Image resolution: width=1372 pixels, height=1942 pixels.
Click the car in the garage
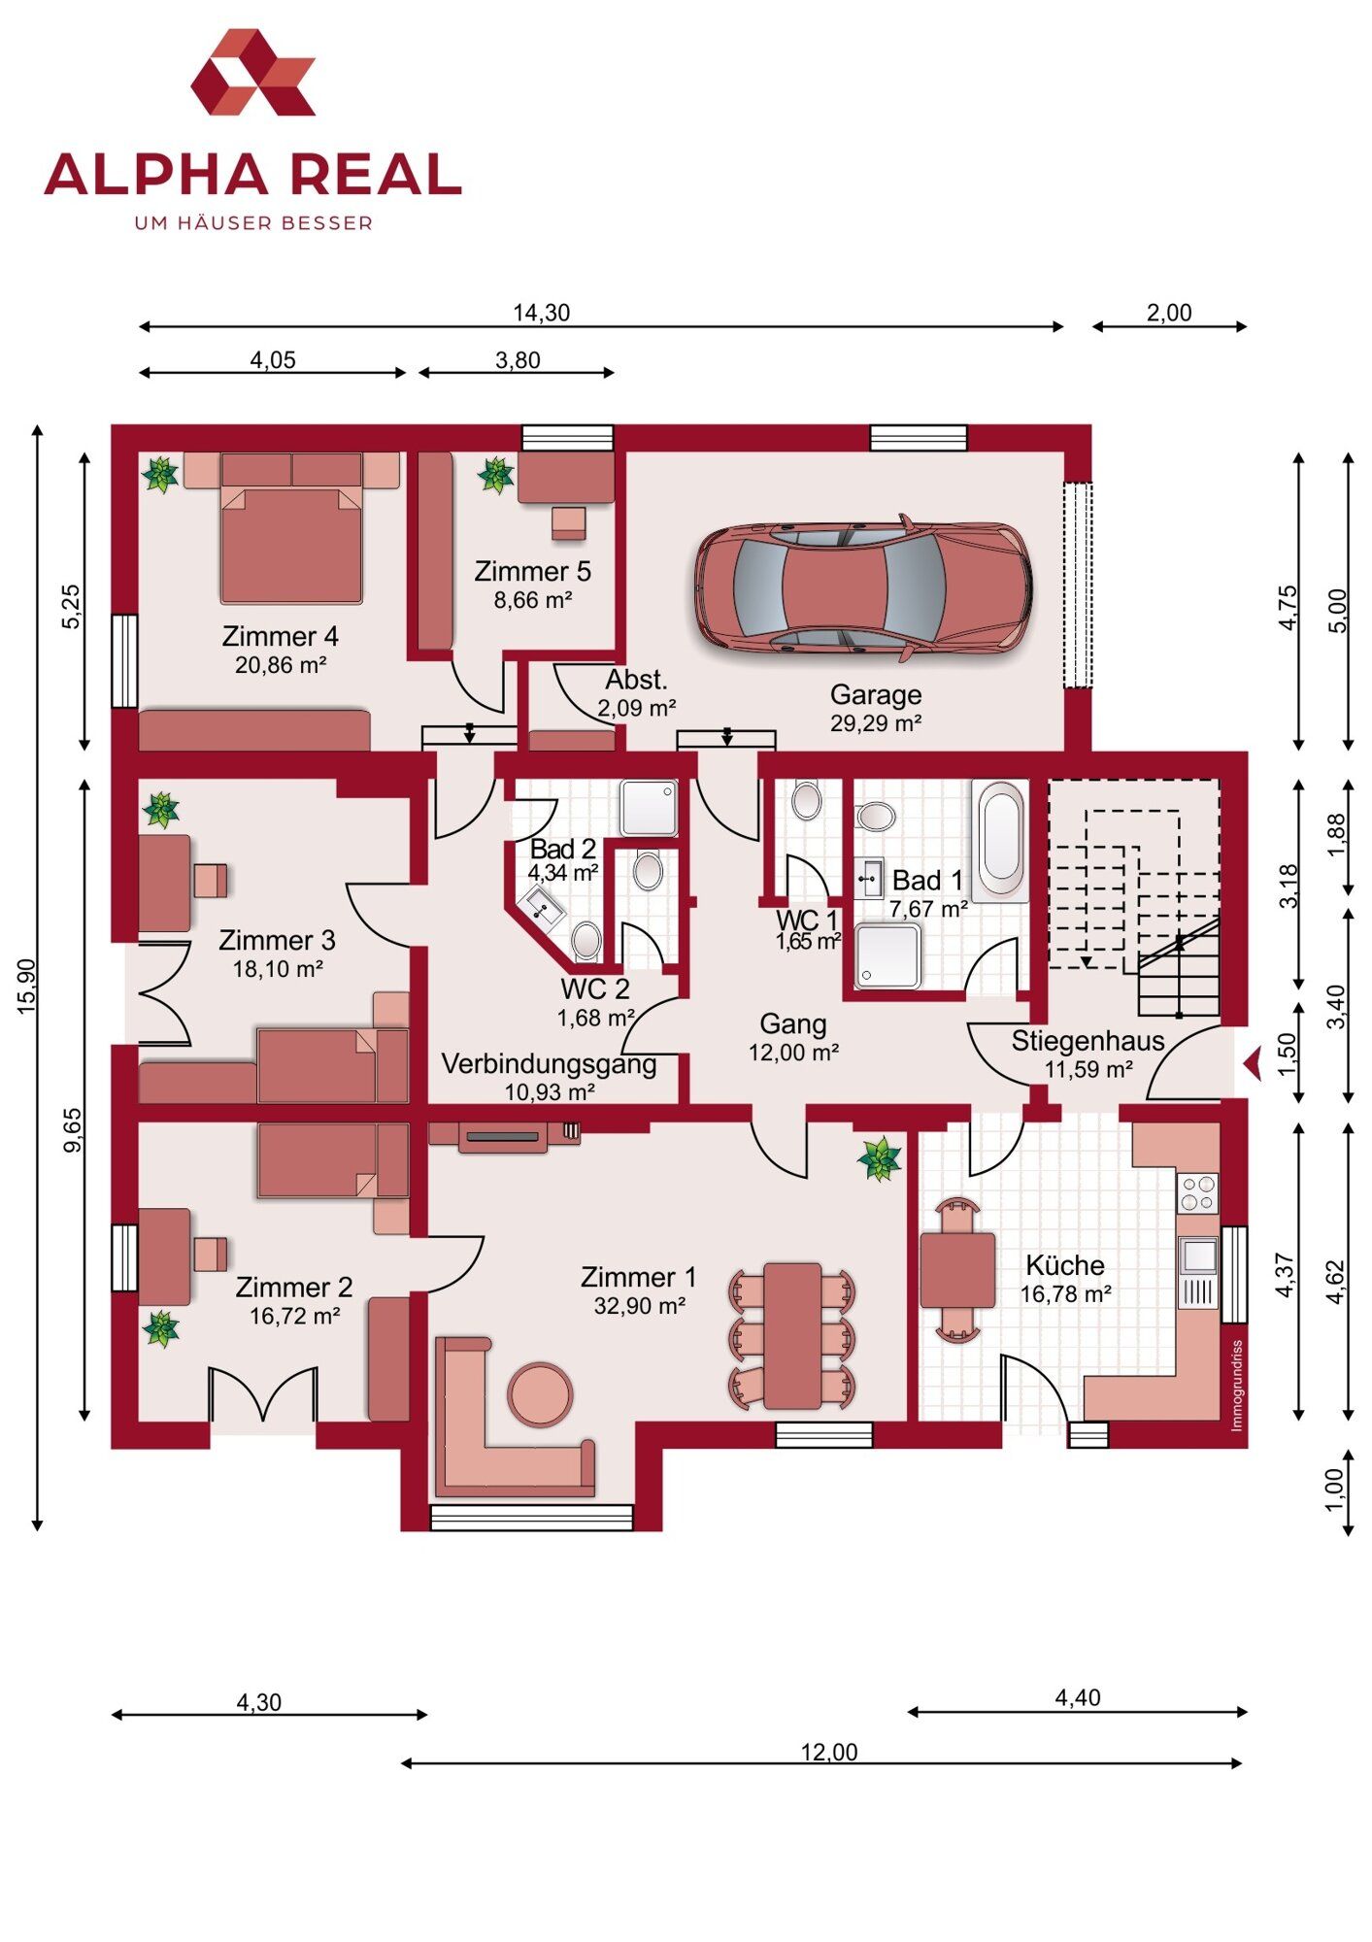862,588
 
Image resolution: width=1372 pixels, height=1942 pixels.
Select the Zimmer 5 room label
532,572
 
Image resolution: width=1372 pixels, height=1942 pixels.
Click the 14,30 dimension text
542,313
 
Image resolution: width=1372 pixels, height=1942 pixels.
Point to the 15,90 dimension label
26,987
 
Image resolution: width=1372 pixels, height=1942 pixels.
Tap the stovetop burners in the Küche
1198,1193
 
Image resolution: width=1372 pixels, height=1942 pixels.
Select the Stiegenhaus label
1088,1041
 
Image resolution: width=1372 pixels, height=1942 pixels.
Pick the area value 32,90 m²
640,1306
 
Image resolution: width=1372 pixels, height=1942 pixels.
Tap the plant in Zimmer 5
496,475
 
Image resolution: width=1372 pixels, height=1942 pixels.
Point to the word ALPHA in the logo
156,175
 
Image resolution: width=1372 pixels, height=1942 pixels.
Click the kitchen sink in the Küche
1199,1256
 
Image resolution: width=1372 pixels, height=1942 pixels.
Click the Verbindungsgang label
550,1064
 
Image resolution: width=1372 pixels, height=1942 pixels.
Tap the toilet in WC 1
806,801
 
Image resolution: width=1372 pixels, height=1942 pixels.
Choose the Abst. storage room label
636,680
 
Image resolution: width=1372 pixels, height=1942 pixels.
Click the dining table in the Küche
957,1271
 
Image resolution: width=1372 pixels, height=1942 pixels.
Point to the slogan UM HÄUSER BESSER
253,223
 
